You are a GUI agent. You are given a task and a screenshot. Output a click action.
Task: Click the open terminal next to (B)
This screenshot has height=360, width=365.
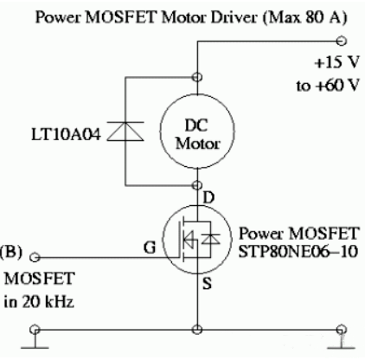tap(35, 257)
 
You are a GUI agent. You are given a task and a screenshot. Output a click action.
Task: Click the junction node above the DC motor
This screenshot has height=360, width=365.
tap(200, 75)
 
